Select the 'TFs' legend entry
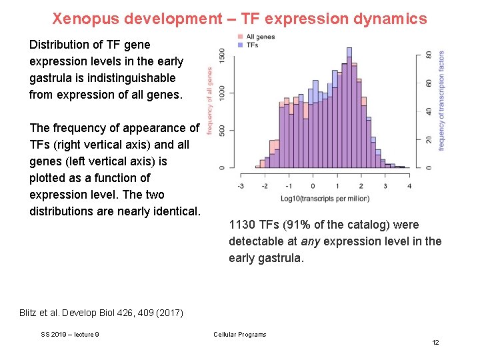tap(252, 45)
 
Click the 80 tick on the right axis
tap(429, 55)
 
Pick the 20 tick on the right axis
tap(429, 139)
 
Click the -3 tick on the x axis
tap(240, 187)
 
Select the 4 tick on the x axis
tap(409, 187)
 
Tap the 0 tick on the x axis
tap(313, 187)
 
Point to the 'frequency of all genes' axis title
tap(209, 100)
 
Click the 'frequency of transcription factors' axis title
tap(441, 100)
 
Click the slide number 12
tap(435, 342)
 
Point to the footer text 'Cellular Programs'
tap(239, 335)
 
